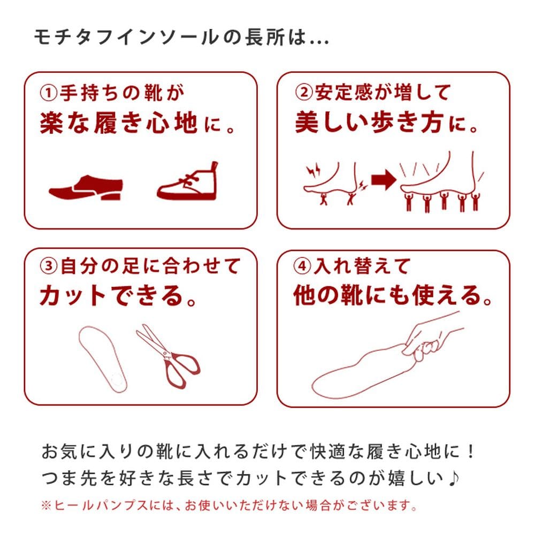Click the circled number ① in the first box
pyautogui.click(x=49, y=93)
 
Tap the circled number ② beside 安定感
pyautogui.click(x=303, y=93)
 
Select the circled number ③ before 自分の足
pyautogui.click(x=49, y=266)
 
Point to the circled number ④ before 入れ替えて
pyautogui.click(x=302, y=266)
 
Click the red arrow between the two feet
pyautogui.click(x=384, y=180)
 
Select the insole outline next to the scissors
pyautogui.click(x=102, y=359)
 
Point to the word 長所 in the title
pyautogui.click(x=264, y=37)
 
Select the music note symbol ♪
pyautogui.click(x=454, y=478)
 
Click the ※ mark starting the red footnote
pyautogui.click(x=45, y=506)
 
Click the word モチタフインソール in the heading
pyautogui.click(x=126, y=37)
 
